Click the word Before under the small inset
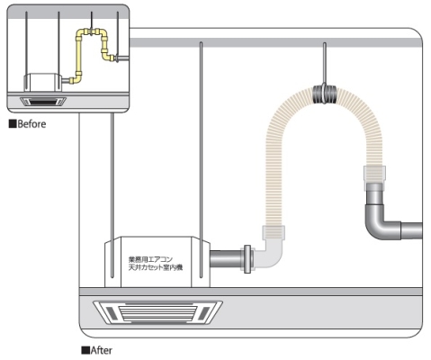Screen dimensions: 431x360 coord(31,124)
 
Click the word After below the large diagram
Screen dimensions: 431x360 coord(102,350)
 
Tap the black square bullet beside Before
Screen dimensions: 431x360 coord(13,124)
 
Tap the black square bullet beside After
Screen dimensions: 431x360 coord(85,350)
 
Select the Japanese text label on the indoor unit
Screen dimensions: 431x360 coord(156,263)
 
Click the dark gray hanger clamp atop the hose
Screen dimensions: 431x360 coord(325,94)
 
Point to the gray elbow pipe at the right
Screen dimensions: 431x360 coord(380,216)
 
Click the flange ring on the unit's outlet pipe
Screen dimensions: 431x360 coord(247,259)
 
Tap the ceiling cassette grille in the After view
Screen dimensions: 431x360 coord(157,312)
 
